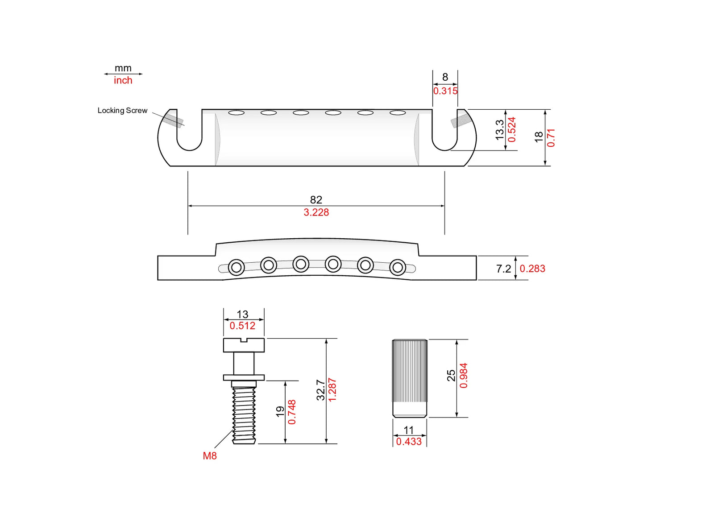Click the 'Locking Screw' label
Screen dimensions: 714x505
pyautogui.click(x=122, y=111)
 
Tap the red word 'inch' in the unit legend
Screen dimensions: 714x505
pyautogui.click(x=123, y=80)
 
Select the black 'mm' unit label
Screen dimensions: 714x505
pyautogui.click(x=123, y=68)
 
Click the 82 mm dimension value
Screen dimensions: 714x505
pyautogui.click(x=316, y=200)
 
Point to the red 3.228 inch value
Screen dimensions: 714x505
pyautogui.click(x=316, y=212)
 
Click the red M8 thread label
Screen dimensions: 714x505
pyautogui.click(x=210, y=456)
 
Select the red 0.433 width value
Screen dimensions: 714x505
pyautogui.click(x=409, y=442)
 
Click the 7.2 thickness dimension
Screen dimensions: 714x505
pyautogui.click(x=504, y=269)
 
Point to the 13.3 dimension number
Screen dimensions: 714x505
pyautogui.click(x=499, y=130)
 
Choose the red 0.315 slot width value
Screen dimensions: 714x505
pyautogui.click(x=445, y=91)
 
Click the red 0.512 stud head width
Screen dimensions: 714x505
pyautogui.click(x=243, y=326)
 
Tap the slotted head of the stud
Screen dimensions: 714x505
pyautogui.click(x=244, y=345)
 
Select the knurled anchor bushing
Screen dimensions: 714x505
pyautogui.click(x=410, y=378)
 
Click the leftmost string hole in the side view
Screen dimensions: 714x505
pyautogui.click(x=237, y=268)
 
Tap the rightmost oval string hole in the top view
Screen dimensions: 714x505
pyautogui.click(x=398, y=113)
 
